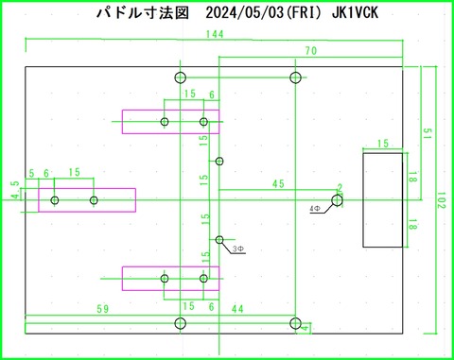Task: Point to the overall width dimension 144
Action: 214,35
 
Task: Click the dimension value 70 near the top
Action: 310,50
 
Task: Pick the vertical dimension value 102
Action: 440,199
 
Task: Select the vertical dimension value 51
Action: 428,133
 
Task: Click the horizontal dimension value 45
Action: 277,183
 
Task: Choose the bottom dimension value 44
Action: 237,309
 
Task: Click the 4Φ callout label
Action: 315,207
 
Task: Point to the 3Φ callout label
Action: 238,249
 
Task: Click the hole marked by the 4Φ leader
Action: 338,198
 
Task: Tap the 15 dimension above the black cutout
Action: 383,144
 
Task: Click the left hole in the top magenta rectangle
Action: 165,122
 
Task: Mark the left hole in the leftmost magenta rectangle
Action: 55,200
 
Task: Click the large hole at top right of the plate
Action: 295,77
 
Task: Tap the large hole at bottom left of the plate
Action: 181,324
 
